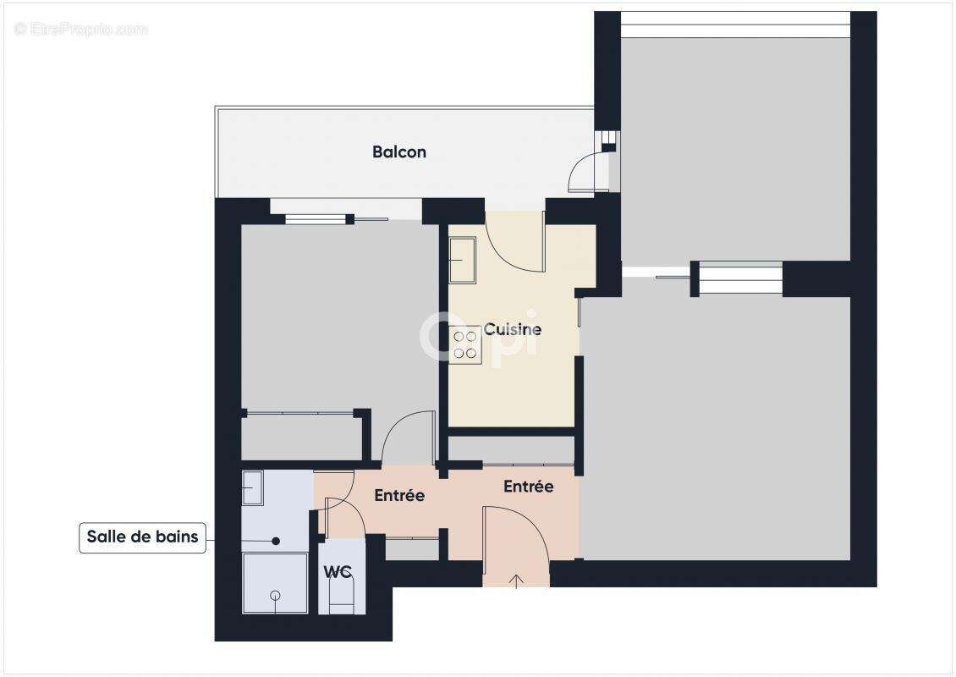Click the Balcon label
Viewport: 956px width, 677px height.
(399, 152)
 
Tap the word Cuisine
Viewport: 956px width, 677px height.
(512, 329)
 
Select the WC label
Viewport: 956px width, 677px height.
(338, 572)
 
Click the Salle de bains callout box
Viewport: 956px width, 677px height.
(142, 537)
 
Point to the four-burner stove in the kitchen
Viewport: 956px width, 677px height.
(464, 344)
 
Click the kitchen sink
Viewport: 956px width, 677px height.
(462, 259)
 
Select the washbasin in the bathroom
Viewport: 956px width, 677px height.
(253, 488)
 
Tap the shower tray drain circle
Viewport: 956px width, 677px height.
(274, 596)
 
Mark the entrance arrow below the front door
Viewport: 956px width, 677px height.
(517, 580)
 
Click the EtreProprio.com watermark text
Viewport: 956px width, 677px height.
(81, 30)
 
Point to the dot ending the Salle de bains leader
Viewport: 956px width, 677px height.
(276, 540)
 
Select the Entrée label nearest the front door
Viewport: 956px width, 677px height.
(528, 487)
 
